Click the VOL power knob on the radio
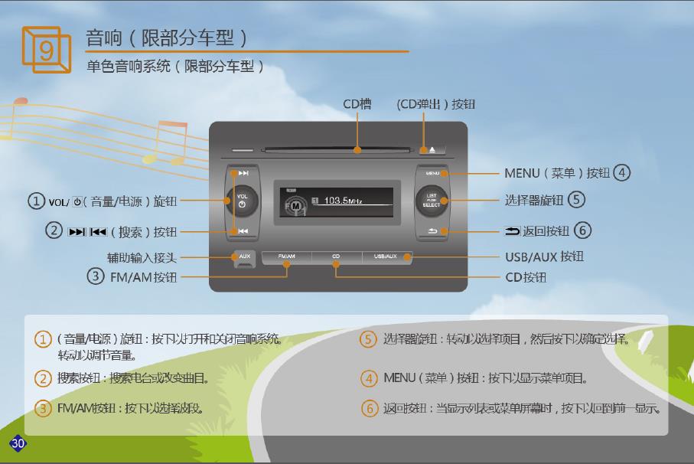243,201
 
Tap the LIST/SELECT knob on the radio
432,201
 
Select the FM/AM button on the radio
286,257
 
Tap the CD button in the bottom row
336,257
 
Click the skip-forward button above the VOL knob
243,173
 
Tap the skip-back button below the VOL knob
243,230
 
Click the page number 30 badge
17,443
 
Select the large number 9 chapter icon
45,49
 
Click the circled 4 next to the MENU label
622,173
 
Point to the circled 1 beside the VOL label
36,201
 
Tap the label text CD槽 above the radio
357,104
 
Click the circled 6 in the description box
370,408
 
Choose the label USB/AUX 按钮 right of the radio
544,257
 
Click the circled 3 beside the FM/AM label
96,276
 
